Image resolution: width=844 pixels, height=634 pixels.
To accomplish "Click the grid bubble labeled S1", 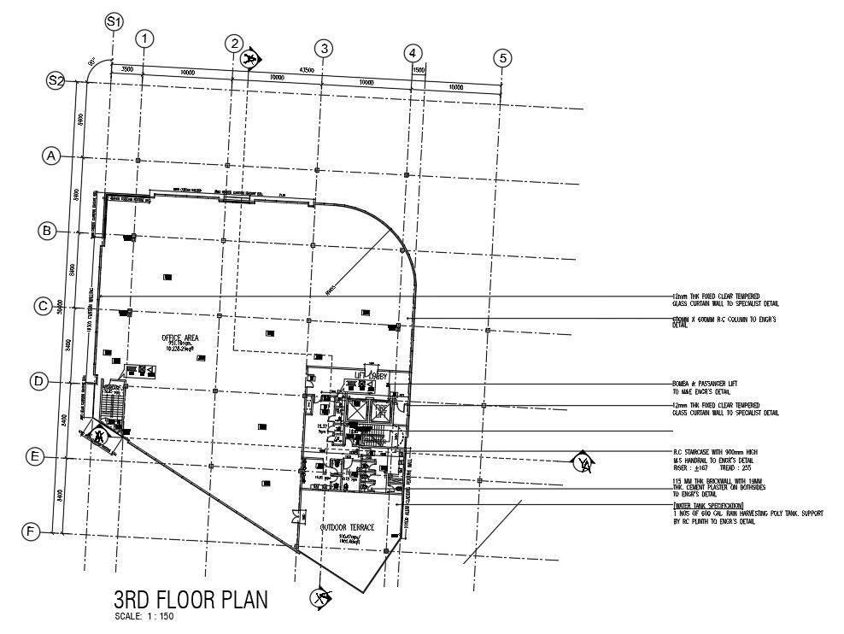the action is point(114,21).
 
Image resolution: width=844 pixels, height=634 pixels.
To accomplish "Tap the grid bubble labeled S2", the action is point(56,81).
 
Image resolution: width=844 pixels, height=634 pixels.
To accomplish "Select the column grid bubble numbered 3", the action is point(323,48).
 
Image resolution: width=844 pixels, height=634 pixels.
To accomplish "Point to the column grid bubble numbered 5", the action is point(503,58).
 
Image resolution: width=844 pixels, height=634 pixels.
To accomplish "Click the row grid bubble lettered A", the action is point(53,156).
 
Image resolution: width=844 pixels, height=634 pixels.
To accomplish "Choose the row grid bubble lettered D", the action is point(38,382).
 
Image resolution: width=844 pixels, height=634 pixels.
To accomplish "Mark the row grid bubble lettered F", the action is point(32,531).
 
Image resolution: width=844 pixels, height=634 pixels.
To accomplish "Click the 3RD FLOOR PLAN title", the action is point(190,599).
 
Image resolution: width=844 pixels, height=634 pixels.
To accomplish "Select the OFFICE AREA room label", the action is point(180,338).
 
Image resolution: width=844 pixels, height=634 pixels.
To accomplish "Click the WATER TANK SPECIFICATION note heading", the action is point(706,507).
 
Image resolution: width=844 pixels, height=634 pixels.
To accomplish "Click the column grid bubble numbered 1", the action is point(146,38).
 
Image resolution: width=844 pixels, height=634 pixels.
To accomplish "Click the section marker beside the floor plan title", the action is point(322,597).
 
